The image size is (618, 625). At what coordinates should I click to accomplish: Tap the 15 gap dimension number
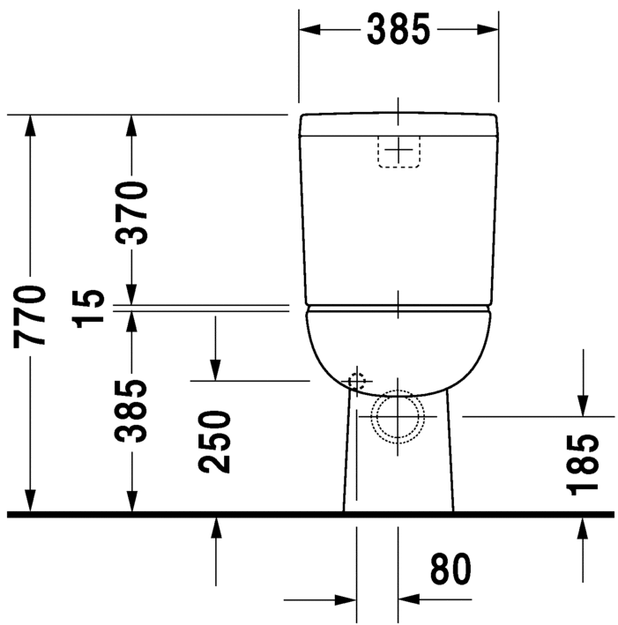tap(91, 307)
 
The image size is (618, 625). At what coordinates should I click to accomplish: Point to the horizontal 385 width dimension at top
tap(398, 29)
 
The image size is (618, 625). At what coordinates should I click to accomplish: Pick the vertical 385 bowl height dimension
tap(132, 411)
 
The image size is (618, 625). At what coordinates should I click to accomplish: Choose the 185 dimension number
tap(583, 463)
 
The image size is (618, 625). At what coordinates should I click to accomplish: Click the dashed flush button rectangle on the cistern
tap(398, 152)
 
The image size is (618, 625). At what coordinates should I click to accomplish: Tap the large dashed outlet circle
tap(398, 414)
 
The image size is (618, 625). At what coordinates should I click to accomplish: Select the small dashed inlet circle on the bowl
tap(356, 382)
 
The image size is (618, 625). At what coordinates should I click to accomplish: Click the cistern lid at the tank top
tap(398, 125)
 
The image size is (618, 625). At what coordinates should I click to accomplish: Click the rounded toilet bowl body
tap(398, 348)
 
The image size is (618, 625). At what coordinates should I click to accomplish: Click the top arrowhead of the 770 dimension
tap(31, 126)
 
